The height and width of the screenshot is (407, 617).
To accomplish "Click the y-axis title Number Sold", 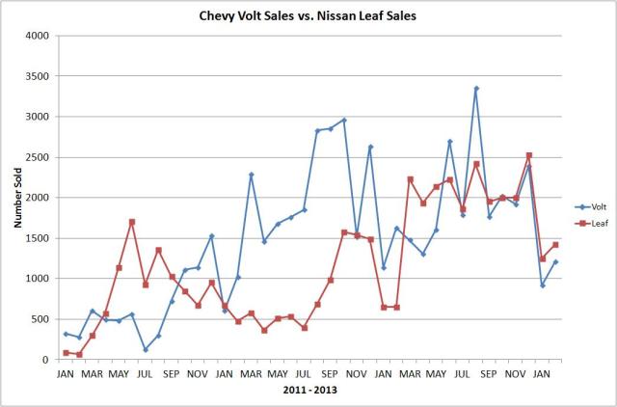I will coord(18,198).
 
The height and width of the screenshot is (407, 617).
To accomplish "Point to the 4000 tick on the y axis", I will coord(36,36).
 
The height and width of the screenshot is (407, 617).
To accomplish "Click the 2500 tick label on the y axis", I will coord(36,157).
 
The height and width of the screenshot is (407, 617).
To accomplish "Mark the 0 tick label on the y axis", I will coord(44,360).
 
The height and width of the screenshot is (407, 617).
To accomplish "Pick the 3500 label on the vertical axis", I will coord(36,76).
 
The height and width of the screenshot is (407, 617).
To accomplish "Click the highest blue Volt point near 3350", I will coord(476,89).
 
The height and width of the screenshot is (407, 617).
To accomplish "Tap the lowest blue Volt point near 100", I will coord(146,350).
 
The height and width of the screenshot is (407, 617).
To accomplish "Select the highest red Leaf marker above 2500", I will coord(529,155).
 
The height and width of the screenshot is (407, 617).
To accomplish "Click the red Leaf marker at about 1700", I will coord(132,222).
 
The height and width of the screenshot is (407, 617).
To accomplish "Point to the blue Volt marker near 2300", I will coord(252,175).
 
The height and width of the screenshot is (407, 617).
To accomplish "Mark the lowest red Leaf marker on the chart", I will coord(79,355).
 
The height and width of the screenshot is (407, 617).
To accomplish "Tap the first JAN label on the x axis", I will coord(67,373).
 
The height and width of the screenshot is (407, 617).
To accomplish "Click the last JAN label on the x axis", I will coord(542,373).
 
